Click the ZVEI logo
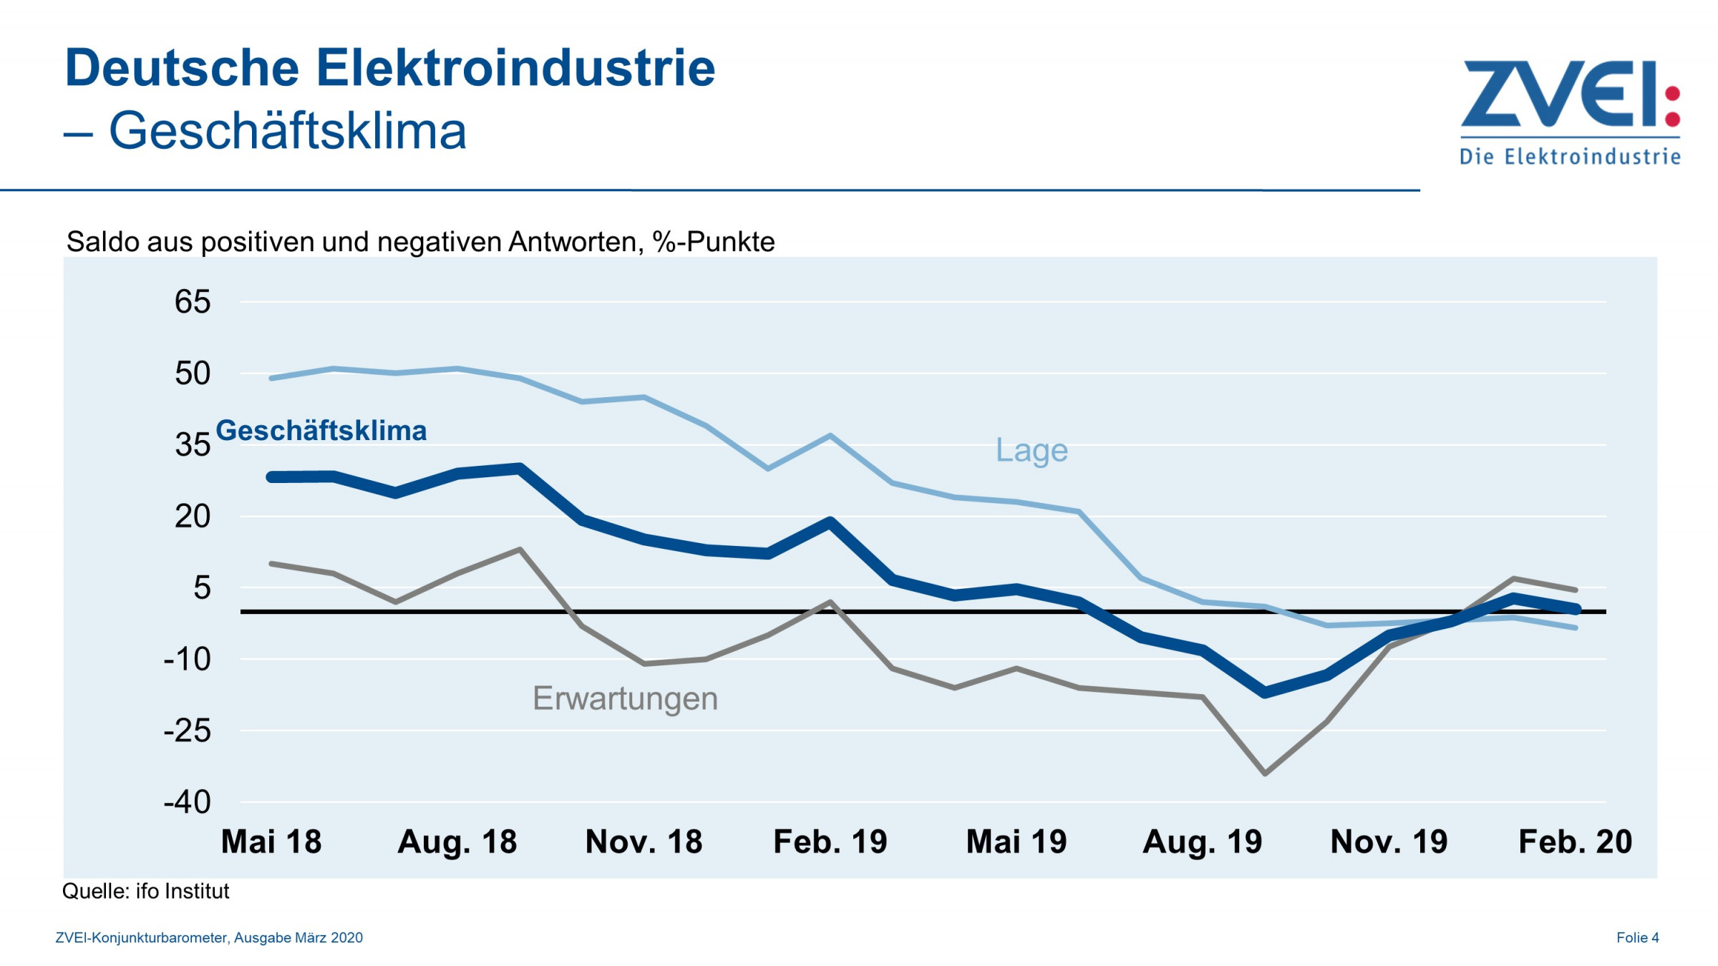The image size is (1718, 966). pos(1569,111)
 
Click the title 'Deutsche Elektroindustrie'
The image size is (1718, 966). pos(390,68)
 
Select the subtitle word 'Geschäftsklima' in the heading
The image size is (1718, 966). pos(287,131)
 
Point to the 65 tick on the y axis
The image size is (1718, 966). pos(193,302)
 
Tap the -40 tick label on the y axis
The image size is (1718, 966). pos(188,802)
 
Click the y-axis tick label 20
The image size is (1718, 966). pos(193,516)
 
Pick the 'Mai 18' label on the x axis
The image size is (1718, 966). pos(271,841)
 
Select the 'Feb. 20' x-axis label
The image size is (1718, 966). pos(1575,841)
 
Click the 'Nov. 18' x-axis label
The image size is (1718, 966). pos(644,841)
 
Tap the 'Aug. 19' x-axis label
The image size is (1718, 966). pos(1203,841)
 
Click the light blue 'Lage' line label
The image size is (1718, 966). pos(1032,450)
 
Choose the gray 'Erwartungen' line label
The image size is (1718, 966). pos(625,698)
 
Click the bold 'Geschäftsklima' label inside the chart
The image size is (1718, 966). pos(321,431)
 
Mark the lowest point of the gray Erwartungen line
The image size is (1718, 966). pos(1265,774)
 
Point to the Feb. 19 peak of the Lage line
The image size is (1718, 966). pos(830,435)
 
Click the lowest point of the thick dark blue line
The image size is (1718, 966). pos(1265,692)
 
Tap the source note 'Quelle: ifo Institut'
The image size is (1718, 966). pos(145,891)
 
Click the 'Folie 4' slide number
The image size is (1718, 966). pos(1637,937)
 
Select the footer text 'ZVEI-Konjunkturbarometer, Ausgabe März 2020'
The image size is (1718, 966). pos(209,937)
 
